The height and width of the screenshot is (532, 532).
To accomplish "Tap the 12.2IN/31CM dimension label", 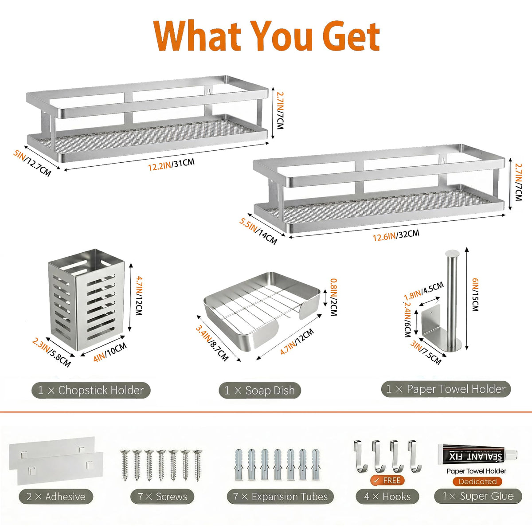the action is pyautogui.click(x=171, y=164).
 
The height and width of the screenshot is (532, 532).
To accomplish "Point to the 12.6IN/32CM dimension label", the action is pyautogui.click(x=396, y=235).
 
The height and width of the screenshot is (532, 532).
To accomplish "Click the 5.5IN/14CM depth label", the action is pyautogui.click(x=258, y=231).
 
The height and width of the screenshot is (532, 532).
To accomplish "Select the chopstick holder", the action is pyautogui.click(x=86, y=300).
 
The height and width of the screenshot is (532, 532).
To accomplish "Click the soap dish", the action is pyautogui.click(x=262, y=311).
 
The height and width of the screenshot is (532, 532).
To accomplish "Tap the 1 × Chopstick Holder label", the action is pyautogui.click(x=91, y=391).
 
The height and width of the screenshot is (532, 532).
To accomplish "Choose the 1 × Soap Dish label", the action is pyautogui.click(x=259, y=391).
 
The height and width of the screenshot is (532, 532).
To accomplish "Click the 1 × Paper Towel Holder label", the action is pyautogui.click(x=446, y=389).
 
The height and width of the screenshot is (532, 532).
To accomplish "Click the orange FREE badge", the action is pyautogui.click(x=387, y=481).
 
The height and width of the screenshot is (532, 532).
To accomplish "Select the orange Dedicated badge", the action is pyautogui.click(x=477, y=481).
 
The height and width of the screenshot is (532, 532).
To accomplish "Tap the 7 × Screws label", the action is pyautogui.click(x=162, y=497).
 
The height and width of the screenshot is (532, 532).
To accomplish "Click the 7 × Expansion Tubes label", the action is pyautogui.click(x=280, y=497).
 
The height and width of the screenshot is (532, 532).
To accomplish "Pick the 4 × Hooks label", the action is pyautogui.click(x=387, y=497).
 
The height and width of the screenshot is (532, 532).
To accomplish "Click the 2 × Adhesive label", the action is pyautogui.click(x=56, y=497).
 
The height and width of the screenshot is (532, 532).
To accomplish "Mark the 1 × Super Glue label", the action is pyautogui.click(x=478, y=496).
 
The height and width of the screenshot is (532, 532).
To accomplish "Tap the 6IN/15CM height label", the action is pyautogui.click(x=475, y=295).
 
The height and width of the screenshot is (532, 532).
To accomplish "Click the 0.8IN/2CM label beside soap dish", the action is pyautogui.click(x=333, y=297).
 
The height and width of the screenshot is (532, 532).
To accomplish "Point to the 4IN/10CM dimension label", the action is pyautogui.click(x=110, y=352).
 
